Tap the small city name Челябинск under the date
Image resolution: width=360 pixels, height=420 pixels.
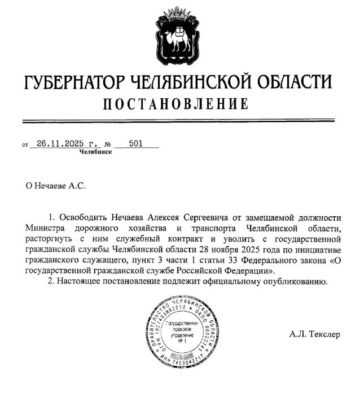pyautogui.click(x=95, y=152)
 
